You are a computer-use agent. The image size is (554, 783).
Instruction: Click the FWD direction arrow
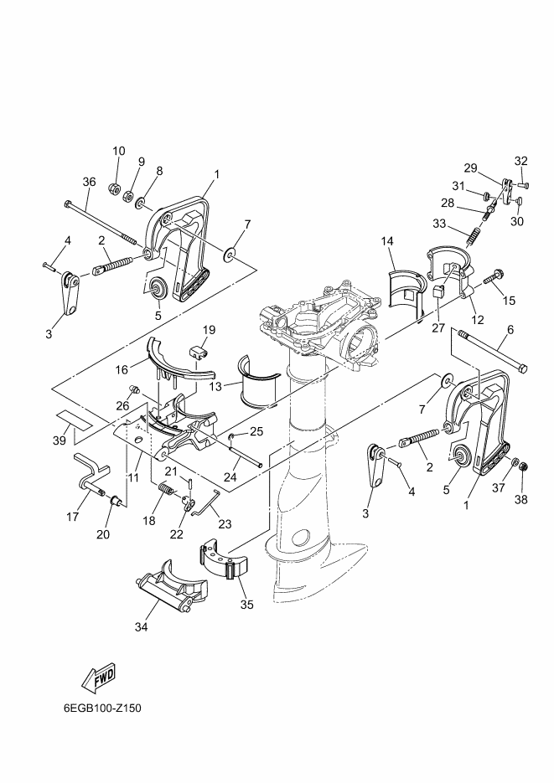click(98, 678)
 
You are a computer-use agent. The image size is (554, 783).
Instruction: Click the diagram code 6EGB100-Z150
click(102, 708)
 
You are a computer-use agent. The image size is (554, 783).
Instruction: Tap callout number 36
click(89, 183)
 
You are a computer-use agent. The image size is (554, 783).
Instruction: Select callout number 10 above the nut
click(119, 151)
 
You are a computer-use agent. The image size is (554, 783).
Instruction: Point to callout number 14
click(387, 241)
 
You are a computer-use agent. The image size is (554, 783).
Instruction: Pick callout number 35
click(246, 605)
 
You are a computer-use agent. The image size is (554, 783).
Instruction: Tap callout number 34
click(142, 626)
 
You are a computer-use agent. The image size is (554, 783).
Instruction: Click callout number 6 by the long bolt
click(510, 330)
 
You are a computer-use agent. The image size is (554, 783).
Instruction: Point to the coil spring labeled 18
click(166, 488)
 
